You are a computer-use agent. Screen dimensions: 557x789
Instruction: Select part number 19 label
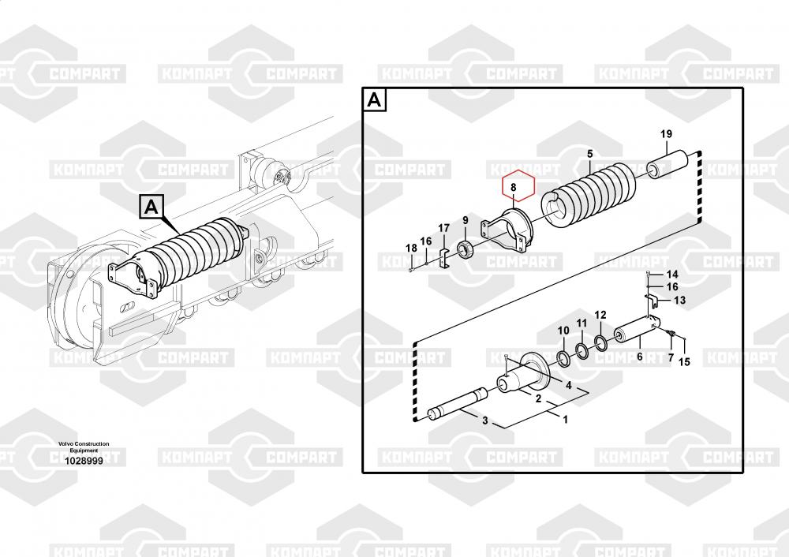666,133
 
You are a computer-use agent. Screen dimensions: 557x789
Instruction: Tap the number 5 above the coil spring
589,154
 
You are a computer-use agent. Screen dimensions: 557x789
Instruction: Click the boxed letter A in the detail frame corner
375,100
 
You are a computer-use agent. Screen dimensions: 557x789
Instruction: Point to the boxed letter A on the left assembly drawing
151,207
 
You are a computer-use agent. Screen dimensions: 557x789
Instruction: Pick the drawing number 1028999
84,461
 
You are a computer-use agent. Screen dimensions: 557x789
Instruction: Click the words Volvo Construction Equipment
84,447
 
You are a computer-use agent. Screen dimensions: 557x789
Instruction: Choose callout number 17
444,229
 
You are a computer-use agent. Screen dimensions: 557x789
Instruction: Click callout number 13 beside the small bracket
680,301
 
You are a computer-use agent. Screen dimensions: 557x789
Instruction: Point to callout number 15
684,362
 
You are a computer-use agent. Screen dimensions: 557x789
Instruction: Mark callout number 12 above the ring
600,316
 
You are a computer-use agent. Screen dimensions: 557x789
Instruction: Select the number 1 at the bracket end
565,420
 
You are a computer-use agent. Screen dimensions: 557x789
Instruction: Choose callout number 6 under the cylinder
640,357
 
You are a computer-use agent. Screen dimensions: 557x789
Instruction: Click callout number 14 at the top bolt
672,275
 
